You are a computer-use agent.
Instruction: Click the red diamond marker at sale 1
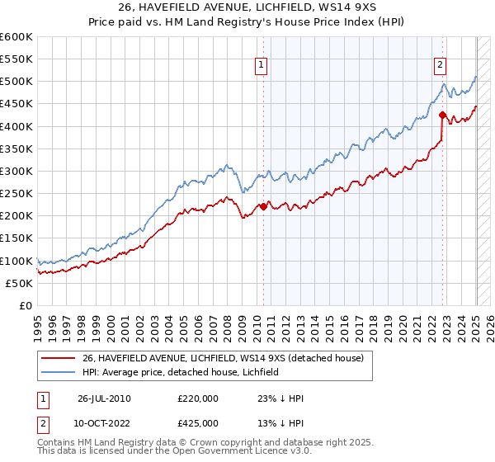click(263, 206)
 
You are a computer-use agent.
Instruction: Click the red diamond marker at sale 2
click(442, 115)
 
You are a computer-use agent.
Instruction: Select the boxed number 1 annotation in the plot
click(261, 65)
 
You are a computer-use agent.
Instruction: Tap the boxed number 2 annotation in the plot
click(440, 65)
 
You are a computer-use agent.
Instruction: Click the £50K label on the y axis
click(19, 283)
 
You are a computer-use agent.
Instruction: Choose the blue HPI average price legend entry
click(179, 372)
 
